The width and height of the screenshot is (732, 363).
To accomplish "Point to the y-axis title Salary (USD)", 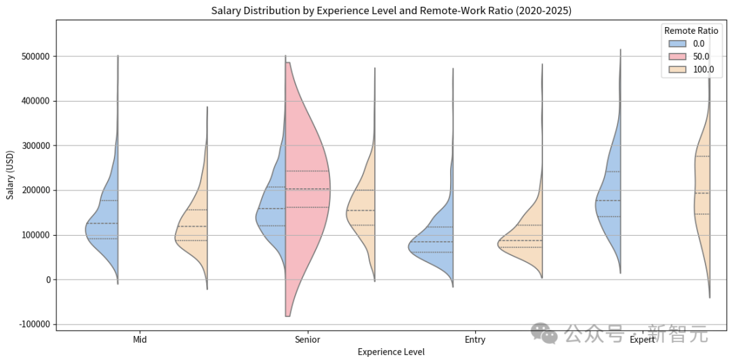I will pyautogui.click(x=10, y=175).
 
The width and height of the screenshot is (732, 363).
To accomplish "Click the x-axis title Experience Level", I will pyautogui.click(x=391, y=352).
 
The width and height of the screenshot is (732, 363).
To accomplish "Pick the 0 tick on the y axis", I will pyautogui.click(x=47, y=280).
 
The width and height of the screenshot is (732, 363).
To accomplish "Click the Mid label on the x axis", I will pyautogui.click(x=140, y=340).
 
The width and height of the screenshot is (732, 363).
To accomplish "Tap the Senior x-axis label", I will pyautogui.click(x=308, y=340).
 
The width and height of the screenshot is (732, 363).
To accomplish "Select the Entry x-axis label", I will pyautogui.click(x=475, y=340).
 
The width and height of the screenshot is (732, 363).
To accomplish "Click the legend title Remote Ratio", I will pyautogui.click(x=691, y=30).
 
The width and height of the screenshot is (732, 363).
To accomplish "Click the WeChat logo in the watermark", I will pyautogui.click(x=545, y=333).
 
